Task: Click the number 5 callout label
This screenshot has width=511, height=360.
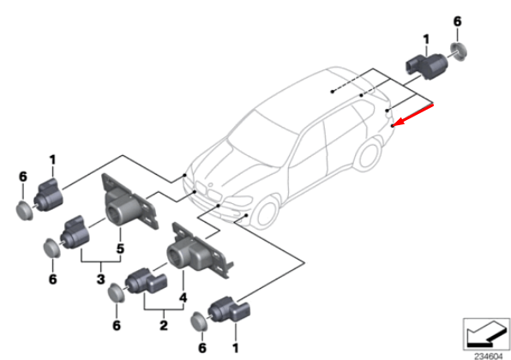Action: point(121,249)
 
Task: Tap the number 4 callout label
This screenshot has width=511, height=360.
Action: point(182,298)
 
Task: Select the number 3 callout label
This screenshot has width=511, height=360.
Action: point(99,279)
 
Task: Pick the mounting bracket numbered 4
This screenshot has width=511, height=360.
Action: point(196,252)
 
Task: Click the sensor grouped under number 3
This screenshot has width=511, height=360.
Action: point(78,231)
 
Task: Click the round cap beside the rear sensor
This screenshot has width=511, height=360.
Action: point(459,51)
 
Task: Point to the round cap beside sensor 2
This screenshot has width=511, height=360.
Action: point(116,297)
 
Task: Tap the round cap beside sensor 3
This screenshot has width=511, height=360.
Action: point(51,249)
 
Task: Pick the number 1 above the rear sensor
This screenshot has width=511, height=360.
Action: point(426,39)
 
